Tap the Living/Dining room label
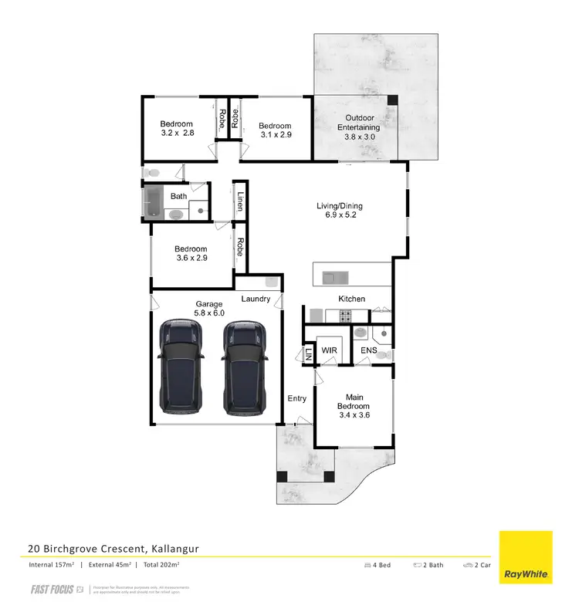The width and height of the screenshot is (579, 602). pyautogui.click(x=340, y=211)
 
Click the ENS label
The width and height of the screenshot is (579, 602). pyautogui.click(x=369, y=351)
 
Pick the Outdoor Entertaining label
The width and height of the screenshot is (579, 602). pyautogui.click(x=360, y=127)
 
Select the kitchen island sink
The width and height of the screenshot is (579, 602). pyautogui.click(x=334, y=275)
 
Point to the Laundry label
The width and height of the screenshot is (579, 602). pyautogui.click(x=256, y=299)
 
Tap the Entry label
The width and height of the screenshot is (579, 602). pyautogui.click(x=297, y=399)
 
